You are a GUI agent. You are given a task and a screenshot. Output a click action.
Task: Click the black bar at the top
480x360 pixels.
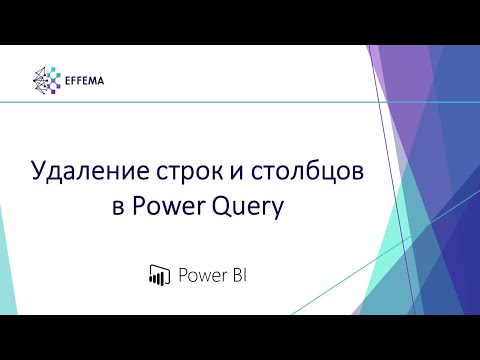click(x=240, y=21)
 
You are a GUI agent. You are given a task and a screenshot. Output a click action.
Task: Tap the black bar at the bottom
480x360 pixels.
click(x=240, y=337)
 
